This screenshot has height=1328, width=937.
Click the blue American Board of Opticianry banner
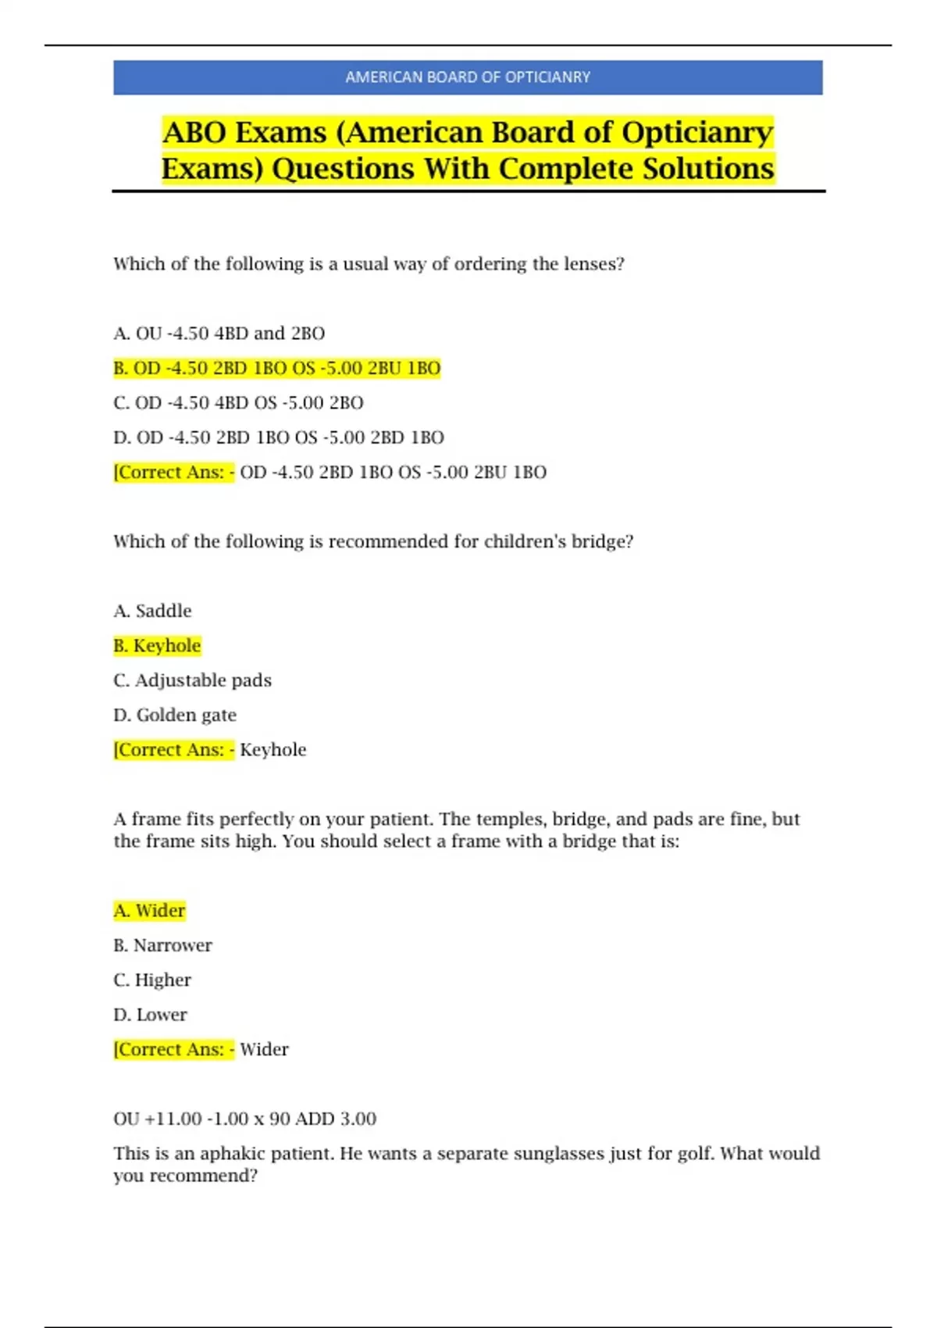pyautogui.click(x=468, y=77)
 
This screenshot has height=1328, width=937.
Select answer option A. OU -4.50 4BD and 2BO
pyautogui.click(x=219, y=334)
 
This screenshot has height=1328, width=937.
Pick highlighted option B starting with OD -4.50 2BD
pyautogui.click(x=277, y=368)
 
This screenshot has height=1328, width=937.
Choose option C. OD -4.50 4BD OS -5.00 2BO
pyautogui.click(x=238, y=403)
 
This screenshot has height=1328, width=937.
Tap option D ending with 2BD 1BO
pyautogui.click(x=279, y=437)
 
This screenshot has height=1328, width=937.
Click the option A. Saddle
pyautogui.click(x=152, y=611)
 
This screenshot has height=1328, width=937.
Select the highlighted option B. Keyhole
pyautogui.click(x=157, y=646)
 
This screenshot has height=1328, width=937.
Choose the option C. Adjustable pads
pyautogui.click(x=192, y=680)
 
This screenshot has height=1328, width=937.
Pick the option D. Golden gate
pyautogui.click(x=175, y=715)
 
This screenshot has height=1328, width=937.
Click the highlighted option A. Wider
pyautogui.click(x=149, y=911)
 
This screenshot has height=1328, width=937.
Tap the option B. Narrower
pyautogui.click(x=162, y=945)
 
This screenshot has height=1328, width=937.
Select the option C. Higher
pyautogui.click(x=152, y=980)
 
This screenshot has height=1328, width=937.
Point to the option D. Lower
pyautogui.click(x=150, y=1015)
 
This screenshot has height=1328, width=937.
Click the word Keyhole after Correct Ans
pyautogui.click(x=273, y=750)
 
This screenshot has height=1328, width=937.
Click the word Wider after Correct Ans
pyautogui.click(x=264, y=1049)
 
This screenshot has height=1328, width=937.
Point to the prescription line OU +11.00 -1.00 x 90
pyautogui.click(x=244, y=1119)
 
